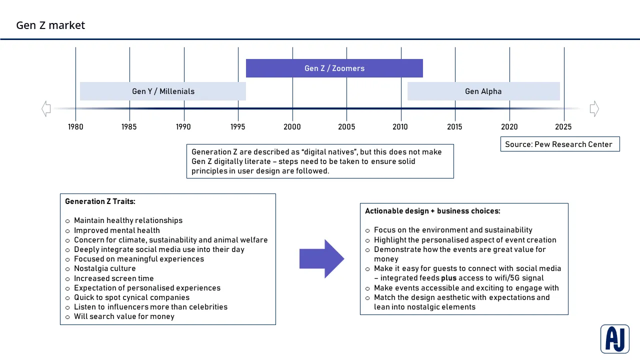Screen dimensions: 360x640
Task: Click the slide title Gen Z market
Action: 50,25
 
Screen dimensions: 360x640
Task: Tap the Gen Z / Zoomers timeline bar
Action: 334,68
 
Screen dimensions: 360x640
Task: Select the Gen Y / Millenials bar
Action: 163,91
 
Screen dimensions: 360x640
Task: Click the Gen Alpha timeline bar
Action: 483,91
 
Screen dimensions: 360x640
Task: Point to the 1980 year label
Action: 75,127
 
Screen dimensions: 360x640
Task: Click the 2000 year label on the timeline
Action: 292,127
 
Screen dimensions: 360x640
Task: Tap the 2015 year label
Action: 454,127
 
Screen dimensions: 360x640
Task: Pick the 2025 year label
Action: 563,127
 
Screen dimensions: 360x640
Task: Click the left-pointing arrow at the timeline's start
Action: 46,108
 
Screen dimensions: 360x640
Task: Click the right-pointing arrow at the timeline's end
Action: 594,108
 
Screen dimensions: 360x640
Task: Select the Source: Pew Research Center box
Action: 559,144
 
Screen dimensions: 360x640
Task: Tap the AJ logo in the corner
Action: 614,338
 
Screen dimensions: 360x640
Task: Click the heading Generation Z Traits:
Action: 100,201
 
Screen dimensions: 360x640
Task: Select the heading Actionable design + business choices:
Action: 432,211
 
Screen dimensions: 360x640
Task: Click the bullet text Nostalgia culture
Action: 104,268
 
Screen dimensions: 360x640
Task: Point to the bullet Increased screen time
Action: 113,278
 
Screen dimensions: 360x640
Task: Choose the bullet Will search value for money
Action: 124,316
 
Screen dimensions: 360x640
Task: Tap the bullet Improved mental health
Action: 116,230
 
